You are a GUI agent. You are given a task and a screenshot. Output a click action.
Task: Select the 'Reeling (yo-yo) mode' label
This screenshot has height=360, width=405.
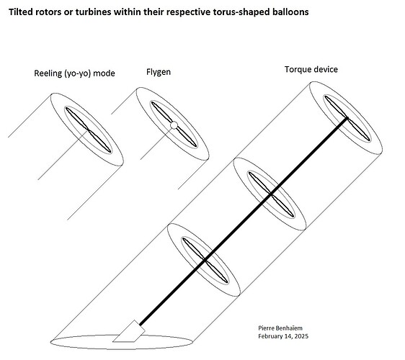coord(74,73)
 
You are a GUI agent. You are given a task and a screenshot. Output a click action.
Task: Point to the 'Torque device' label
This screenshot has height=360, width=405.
coord(311,70)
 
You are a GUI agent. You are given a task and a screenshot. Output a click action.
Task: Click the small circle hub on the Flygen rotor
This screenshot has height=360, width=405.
coord(173,126)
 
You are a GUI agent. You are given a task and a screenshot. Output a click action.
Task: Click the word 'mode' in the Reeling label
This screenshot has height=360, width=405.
coord(103,73)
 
